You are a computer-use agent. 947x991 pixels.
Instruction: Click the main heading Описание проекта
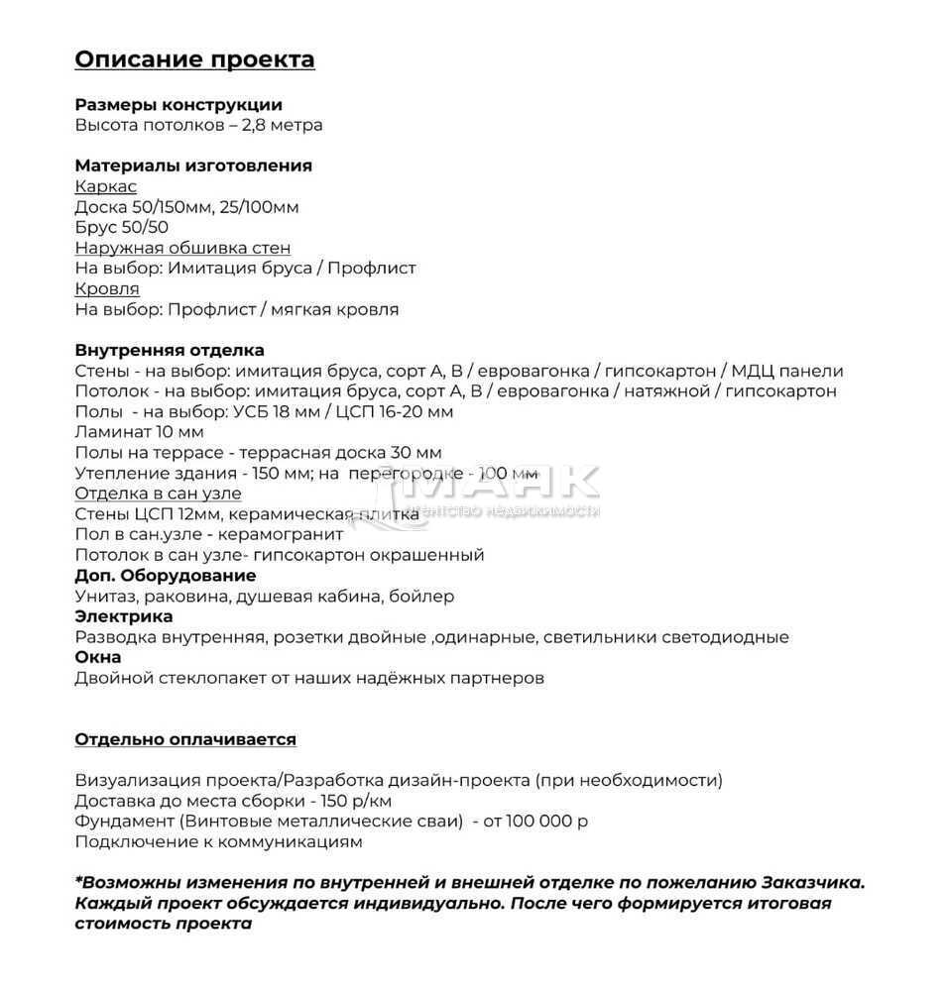click(194, 59)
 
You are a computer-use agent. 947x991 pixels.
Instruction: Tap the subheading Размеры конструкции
click(178, 105)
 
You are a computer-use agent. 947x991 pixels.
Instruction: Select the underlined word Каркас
click(106, 186)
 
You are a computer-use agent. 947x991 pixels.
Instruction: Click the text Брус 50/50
click(121, 227)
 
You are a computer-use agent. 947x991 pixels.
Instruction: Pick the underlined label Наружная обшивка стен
click(182, 248)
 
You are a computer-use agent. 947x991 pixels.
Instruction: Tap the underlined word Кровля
click(107, 288)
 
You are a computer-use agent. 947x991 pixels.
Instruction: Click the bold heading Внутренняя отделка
click(170, 350)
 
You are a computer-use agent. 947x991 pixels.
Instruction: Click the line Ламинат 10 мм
click(139, 432)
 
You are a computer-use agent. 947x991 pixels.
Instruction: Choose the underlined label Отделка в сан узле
click(158, 494)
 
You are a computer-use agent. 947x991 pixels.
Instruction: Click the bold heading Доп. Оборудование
click(166, 576)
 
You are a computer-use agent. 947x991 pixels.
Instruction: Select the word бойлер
click(421, 597)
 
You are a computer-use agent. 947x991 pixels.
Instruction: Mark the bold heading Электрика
click(124, 616)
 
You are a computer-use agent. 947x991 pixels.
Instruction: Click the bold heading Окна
click(98, 657)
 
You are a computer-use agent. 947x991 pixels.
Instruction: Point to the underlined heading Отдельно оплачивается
click(185, 739)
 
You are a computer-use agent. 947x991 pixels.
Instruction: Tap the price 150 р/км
click(356, 801)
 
